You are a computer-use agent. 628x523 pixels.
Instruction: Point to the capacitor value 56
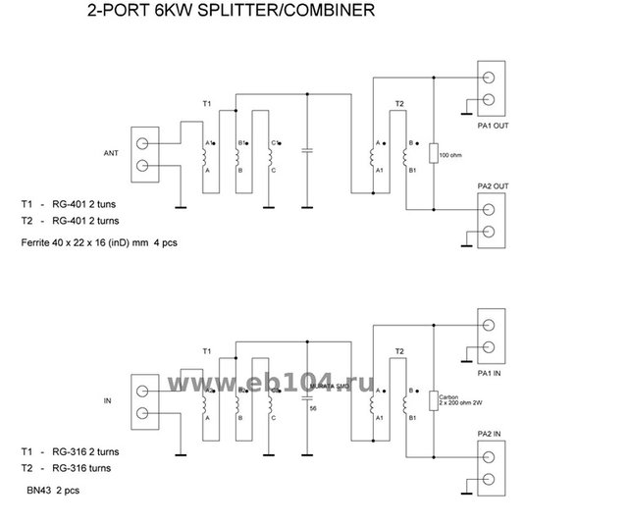pos(313,408)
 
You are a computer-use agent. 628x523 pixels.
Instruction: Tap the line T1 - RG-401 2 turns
pos(71,204)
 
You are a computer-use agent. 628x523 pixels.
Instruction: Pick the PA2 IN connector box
pos(491,470)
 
